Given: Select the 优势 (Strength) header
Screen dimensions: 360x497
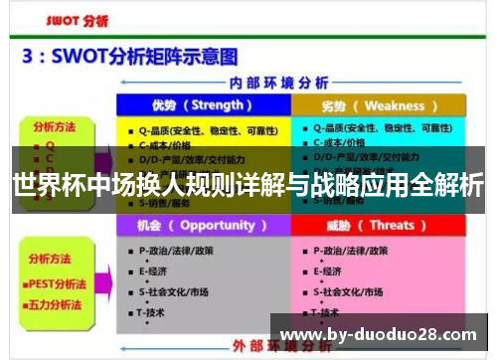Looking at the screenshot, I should [x=202, y=105].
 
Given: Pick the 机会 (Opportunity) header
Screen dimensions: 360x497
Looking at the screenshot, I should [x=202, y=226].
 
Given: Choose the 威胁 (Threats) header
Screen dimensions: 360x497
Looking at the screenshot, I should [x=376, y=226].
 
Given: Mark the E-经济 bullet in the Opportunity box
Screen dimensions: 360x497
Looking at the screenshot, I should [x=154, y=270].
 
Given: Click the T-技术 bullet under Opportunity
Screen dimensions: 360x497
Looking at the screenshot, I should [x=154, y=312].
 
